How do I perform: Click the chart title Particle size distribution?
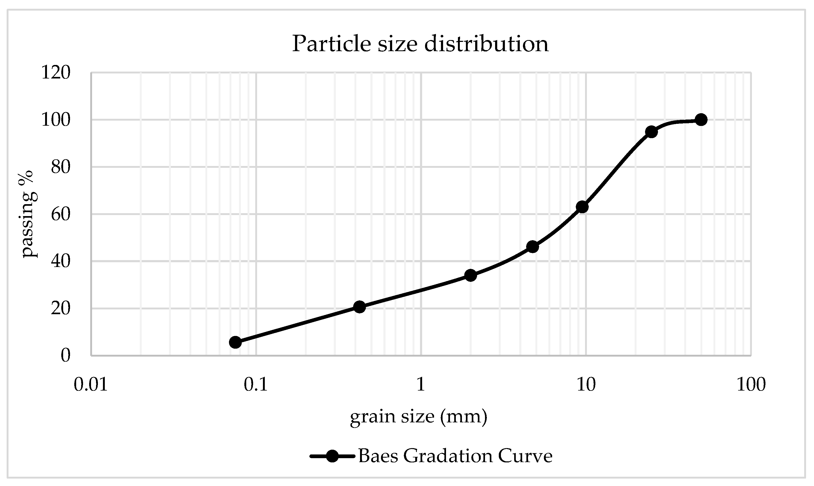tap(420, 43)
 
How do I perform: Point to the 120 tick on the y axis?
tap(56, 72)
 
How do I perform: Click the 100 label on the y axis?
tap(56, 120)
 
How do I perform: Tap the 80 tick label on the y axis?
tap(60, 167)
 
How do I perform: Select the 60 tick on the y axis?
tap(60, 214)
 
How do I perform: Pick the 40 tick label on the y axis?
tap(60, 261)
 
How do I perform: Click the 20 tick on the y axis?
tap(60, 309)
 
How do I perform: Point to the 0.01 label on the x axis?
tap(91, 384)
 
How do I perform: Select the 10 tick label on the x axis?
tap(586, 384)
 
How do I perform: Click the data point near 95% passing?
tap(651, 132)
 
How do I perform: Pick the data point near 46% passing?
tap(532, 247)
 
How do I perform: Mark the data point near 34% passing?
tap(471, 275)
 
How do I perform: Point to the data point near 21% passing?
tap(360, 307)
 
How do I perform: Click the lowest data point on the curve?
tap(235, 343)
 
